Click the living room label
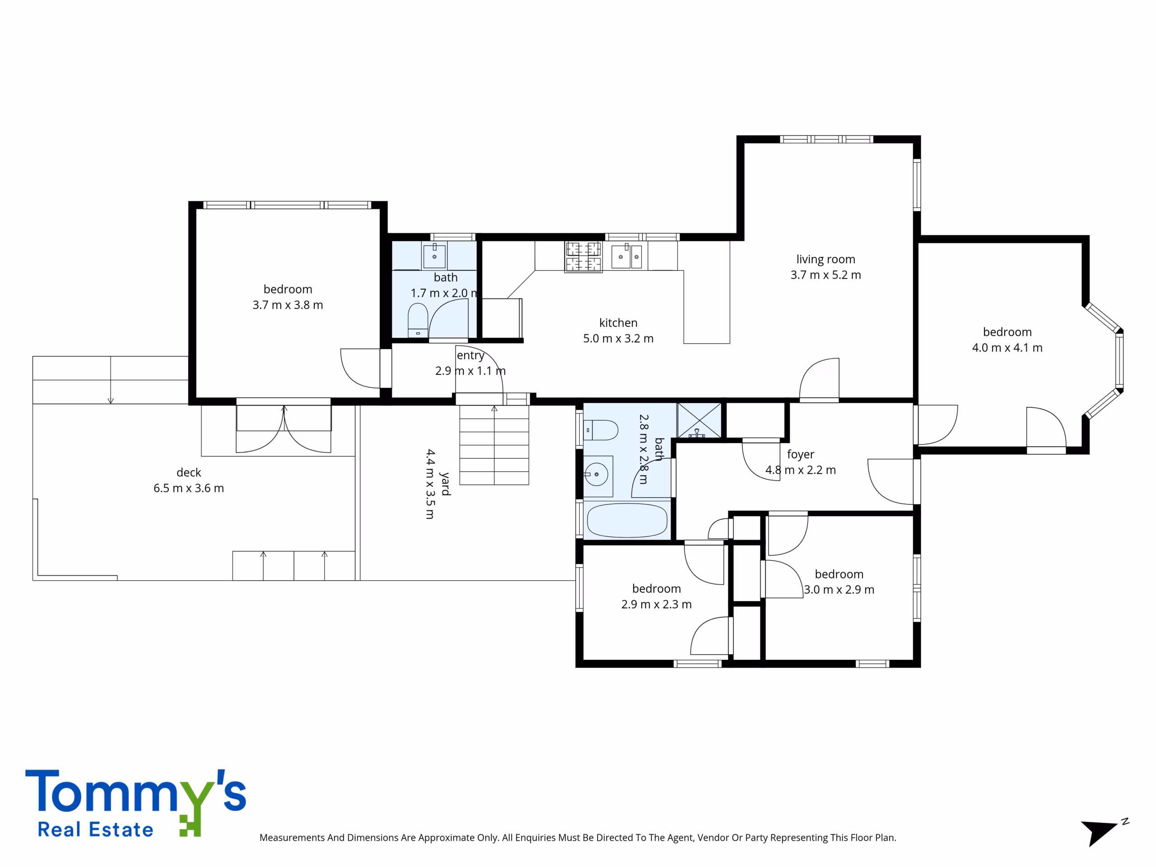(x=826, y=259)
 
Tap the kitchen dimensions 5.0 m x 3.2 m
(x=618, y=339)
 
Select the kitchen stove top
(x=583, y=256)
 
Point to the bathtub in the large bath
(x=627, y=520)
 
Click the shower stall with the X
(x=699, y=420)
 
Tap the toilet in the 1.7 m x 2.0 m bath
(x=418, y=320)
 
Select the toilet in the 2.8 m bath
(x=601, y=430)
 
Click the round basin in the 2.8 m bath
(x=597, y=475)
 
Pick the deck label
(x=189, y=472)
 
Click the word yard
(x=445, y=484)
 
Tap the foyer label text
(x=801, y=455)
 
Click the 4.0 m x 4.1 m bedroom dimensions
(x=1007, y=348)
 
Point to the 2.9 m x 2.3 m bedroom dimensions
(x=657, y=605)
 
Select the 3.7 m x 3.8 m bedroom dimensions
(x=288, y=305)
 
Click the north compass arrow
(x=1100, y=833)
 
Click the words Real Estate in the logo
(x=96, y=830)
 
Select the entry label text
(x=471, y=356)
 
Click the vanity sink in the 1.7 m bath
(x=434, y=256)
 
